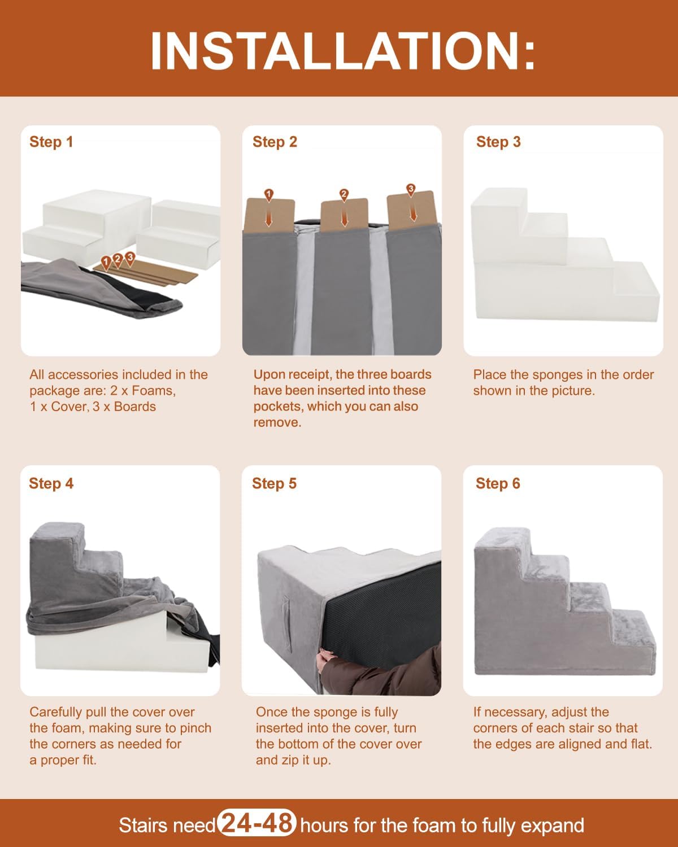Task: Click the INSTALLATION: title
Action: coord(342,51)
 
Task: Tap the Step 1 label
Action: coord(51,142)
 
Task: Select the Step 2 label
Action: coord(275,142)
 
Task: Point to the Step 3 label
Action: coord(498,142)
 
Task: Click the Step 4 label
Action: coord(51,484)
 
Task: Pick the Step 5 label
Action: coord(274,484)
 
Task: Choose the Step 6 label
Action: coord(498,484)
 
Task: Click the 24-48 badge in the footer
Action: coord(257,823)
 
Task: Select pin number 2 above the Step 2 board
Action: coord(344,195)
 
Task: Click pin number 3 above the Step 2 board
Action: coord(411,190)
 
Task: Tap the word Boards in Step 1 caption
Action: coord(134,407)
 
